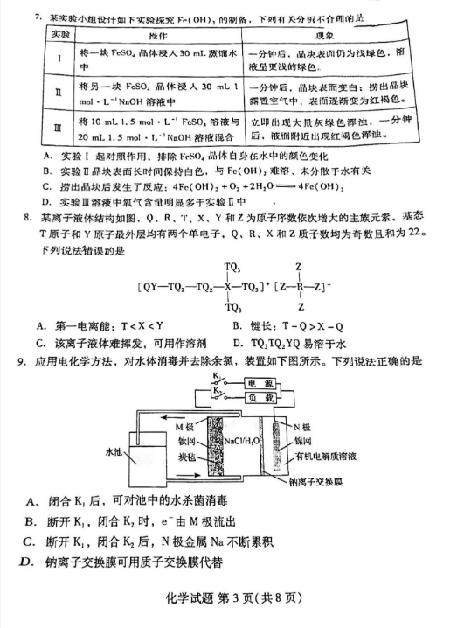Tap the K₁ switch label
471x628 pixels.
pyautogui.click(x=215, y=376)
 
